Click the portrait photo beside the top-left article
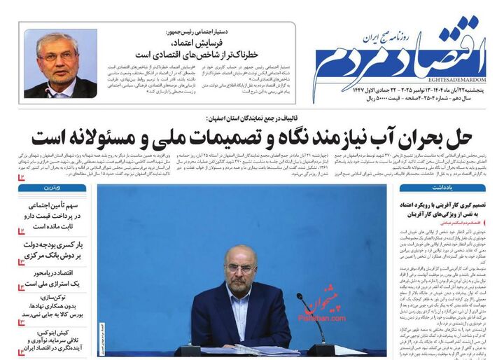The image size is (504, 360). pos(61,64)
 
